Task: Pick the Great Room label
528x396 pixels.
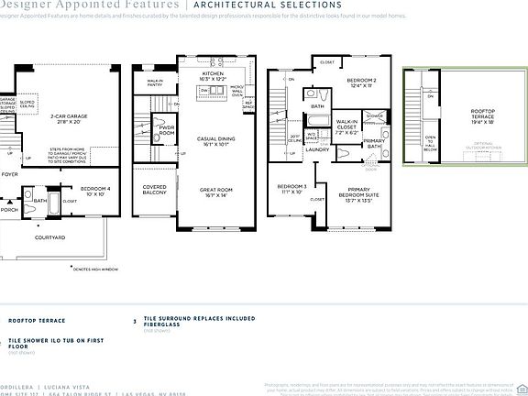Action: [217, 192]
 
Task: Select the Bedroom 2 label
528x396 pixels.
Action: [362, 83]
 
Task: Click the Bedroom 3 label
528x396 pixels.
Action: [291, 190]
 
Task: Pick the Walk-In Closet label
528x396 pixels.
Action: [346, 127]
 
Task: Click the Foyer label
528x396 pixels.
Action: [9, 172]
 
